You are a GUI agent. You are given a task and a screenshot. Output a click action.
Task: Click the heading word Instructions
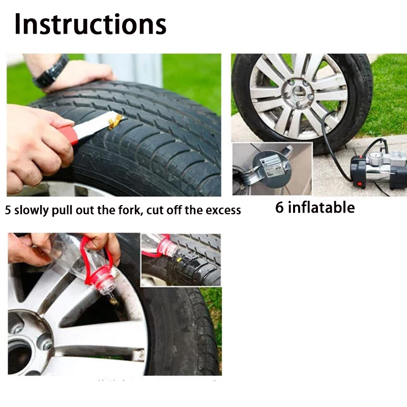[90, 24]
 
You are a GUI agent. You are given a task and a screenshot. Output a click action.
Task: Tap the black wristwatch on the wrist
[51, 71]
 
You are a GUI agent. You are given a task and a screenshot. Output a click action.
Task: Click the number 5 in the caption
[8, 210]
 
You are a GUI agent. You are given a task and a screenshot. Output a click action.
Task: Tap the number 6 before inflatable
[280, 208]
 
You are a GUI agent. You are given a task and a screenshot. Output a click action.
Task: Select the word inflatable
[322, 208]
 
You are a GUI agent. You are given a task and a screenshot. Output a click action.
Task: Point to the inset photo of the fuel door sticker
[272, 168]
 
